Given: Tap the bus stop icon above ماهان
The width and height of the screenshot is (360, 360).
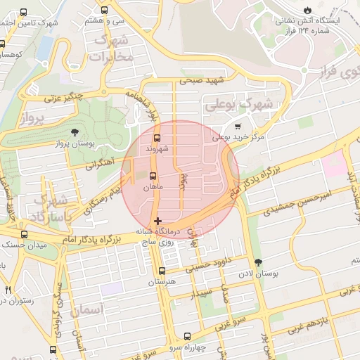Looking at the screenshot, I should pos(153,176).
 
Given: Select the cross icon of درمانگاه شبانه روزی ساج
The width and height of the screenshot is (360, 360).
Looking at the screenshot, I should pos(157,221).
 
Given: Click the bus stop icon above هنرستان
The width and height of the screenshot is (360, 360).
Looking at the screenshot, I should pos(162,271).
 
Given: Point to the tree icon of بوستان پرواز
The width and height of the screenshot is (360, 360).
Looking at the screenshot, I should pos(76,131).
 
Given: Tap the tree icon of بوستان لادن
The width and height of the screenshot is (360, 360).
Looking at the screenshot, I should pos(259,262).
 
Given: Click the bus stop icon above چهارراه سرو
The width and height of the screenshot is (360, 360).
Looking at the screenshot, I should pos(187,337).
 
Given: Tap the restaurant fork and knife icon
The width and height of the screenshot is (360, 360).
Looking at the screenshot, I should pos(8,290).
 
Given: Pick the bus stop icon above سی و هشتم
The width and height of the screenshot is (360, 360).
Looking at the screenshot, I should pos(105,11).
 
